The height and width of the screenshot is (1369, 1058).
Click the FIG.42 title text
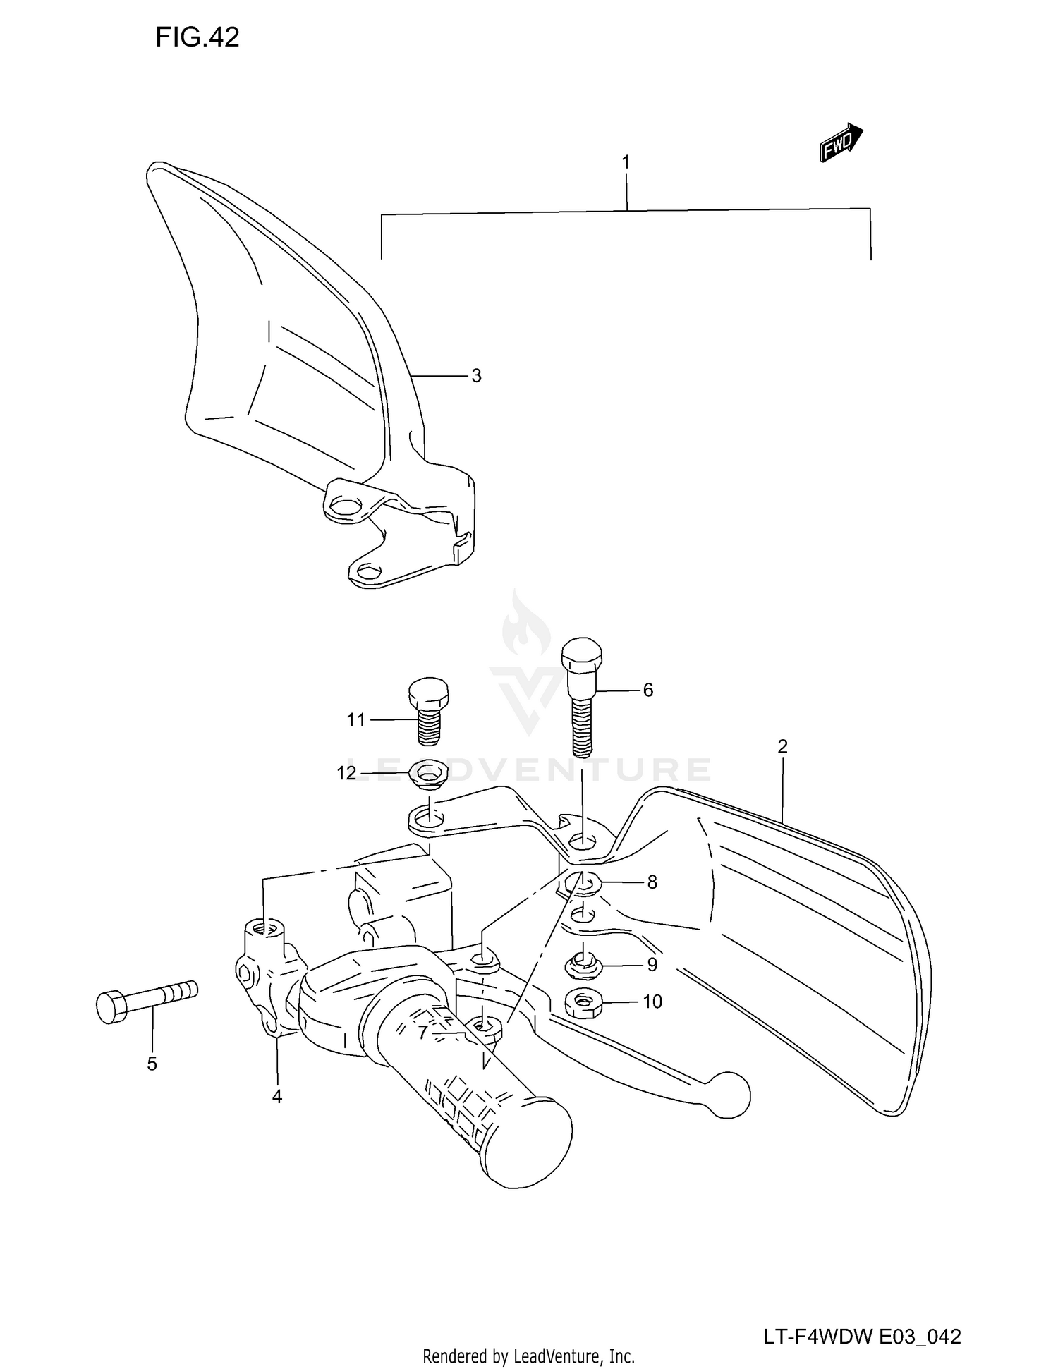pos(197,37)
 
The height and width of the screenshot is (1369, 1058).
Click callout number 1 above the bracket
pos(626,162)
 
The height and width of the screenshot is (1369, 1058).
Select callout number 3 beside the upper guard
pos(476,376)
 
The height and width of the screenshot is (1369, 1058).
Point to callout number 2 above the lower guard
pos(782,746)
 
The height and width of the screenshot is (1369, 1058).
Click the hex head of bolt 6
pos(582,655)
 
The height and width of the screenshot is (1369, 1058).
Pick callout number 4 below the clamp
pos(276,1096)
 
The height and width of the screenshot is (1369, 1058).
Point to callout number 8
pos(652,882)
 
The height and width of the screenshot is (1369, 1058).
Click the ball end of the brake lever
pos(729,1095)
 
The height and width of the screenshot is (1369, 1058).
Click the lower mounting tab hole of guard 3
pos(368,569)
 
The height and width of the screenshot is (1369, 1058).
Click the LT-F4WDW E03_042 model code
pos(861,1317)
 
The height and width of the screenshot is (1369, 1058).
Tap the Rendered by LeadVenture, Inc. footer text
pos(528,1356)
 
